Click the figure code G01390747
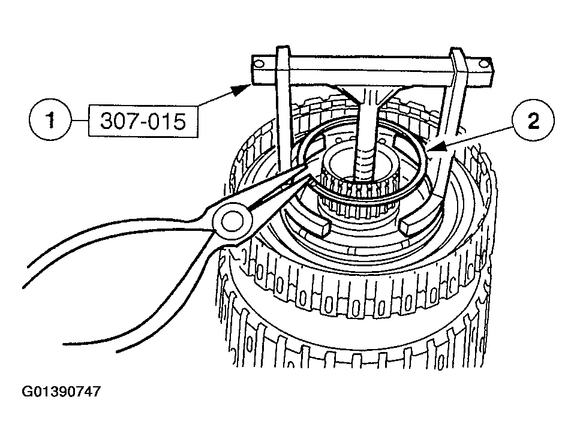tap(61, 392)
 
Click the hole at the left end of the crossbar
tap(259, 62)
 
